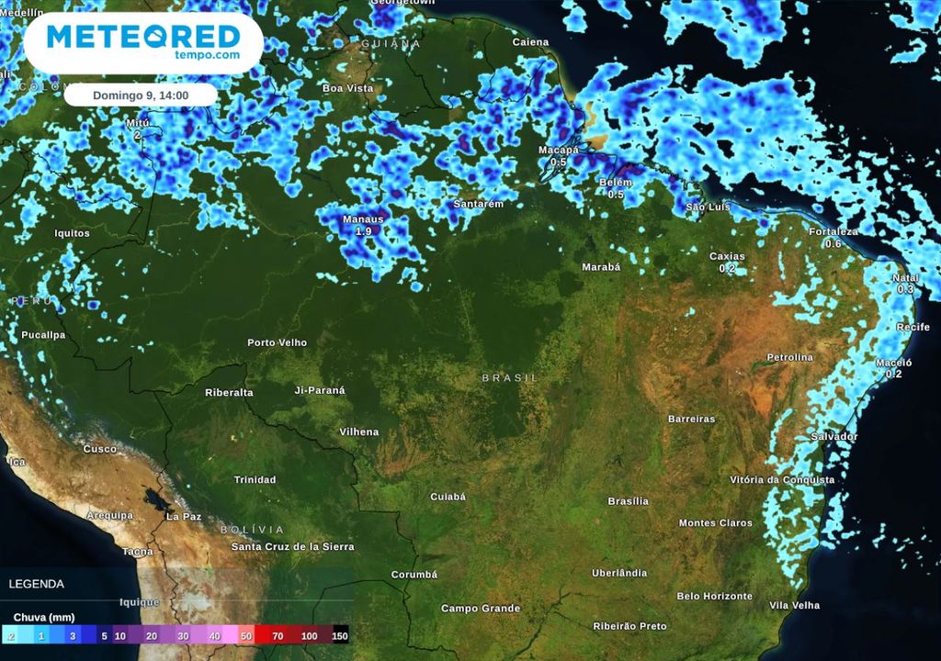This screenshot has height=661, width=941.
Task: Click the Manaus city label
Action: (x=362, y=219)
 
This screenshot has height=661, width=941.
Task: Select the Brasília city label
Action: (x=628, y=501)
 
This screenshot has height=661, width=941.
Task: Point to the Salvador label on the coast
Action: (x=834, y=437)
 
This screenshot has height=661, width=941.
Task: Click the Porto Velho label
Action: (x=277, y=342)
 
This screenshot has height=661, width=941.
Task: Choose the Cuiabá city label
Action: (x=448, y=497)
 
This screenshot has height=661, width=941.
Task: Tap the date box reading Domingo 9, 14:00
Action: (x=141, y=95)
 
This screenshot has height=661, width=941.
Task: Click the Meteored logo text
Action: (x=142, y=38)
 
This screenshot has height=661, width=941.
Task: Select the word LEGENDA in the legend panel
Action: (x=37, y=583)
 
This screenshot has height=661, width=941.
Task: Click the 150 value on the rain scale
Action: (x=340, y=635)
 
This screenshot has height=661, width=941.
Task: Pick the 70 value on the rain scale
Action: (x=277, y=635)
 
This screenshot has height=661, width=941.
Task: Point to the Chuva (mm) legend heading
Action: (x=44, y=617)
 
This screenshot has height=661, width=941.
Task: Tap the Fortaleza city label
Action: (x=833, y=232)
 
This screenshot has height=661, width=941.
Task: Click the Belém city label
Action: (x=615, y=183)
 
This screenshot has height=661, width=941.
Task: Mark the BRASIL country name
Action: (x=510, y=377)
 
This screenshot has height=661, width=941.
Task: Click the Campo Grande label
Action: (x=481, y=609)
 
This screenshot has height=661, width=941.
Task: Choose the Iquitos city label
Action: (x=72, y=233)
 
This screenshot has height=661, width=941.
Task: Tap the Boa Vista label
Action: (x=347, y=88)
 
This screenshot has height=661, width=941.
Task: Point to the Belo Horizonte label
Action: (x=714, y=596)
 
